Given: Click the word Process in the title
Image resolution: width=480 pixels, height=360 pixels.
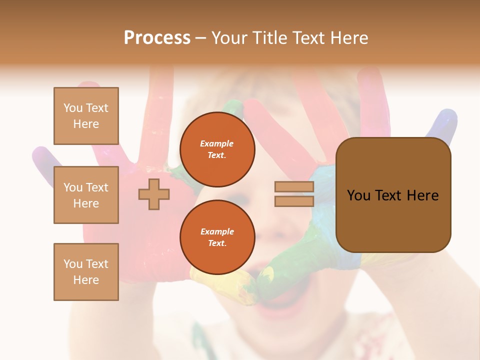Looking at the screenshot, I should point(157,38).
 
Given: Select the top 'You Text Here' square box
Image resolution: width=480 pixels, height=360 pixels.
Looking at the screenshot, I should point(86,116).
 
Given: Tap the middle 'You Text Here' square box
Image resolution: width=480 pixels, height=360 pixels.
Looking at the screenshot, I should point(86,195).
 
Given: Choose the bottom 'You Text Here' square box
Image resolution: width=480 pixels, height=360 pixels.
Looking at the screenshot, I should point(86,272).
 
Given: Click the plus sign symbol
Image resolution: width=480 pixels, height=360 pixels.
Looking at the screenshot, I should point(154,194).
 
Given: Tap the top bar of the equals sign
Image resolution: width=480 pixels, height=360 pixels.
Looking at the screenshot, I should point(294,187).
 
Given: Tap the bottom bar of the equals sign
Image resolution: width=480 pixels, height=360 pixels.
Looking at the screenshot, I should point(294,201).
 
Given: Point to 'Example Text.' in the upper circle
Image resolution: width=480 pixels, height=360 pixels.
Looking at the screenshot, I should point(217,149).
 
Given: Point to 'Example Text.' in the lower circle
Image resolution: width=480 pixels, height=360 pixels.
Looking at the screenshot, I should point(217,237).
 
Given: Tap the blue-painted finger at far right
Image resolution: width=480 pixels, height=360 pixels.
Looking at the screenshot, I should point(443,125).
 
